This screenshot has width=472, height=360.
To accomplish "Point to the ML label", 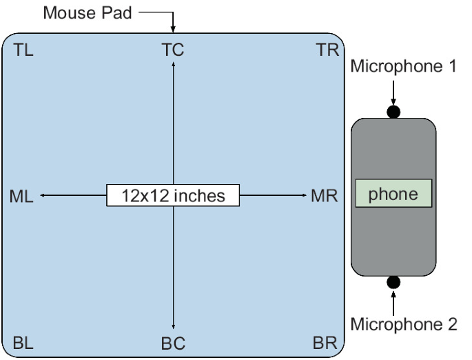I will (23, 196).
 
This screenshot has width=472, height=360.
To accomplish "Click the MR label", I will (322, 196).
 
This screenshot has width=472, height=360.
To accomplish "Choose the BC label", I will (173, 342).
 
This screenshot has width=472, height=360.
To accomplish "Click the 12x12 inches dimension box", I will (173, 196).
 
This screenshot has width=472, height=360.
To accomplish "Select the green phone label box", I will (393, 194).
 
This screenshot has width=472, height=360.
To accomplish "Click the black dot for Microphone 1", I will (393, 112).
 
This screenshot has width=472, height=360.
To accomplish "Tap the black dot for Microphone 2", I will (393, 281).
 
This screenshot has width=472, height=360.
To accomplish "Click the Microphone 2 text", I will (404, 323).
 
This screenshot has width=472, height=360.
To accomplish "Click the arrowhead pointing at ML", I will (43, 196).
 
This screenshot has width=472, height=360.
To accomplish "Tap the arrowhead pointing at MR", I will (304, 196).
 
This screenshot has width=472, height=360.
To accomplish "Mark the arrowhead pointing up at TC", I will (173, 63).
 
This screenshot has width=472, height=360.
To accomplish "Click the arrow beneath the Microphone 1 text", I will (393, 92).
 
